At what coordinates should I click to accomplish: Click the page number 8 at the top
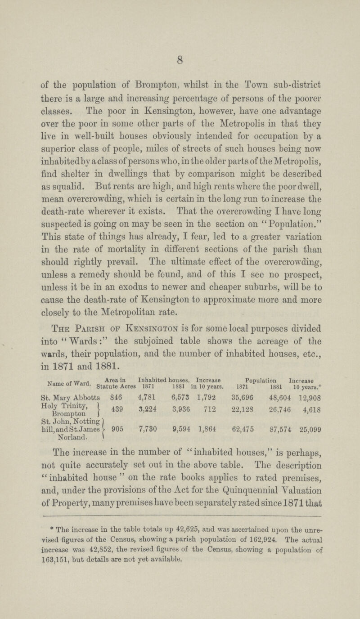click(180, 45)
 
